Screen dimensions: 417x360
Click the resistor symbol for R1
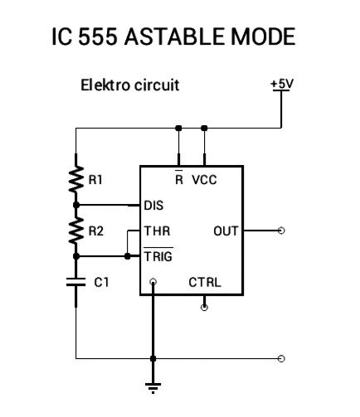(x=75, y=179)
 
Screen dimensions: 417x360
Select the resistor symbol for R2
(x=75, y=231)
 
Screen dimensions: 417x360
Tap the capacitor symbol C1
(x=75, y=282)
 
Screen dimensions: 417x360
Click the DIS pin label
(x=154, y=204)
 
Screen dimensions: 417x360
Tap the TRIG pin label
(x=158, y=256)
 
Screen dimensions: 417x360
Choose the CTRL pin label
(x=205, y=282)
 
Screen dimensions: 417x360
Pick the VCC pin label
(x=205, y=179)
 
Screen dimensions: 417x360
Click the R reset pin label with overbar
(x=178, y=178)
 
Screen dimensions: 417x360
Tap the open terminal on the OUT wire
(x=281, y=230)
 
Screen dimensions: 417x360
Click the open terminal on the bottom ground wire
(x=281, y=359)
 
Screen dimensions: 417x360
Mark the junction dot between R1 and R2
(x=75, y=204)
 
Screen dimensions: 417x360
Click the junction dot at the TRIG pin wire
(x=127, y=256)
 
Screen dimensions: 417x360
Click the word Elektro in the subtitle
(x=104, y=85)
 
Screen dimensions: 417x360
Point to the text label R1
(x=96, y=179)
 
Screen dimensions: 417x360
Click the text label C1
(x=101, y=283)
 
